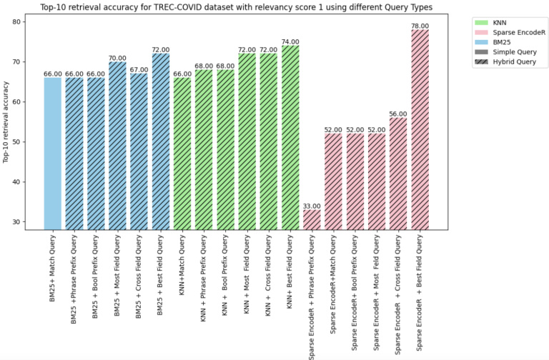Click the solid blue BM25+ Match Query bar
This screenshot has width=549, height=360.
[x=53, y=154]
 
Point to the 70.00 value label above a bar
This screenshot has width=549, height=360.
[x=117, y=58]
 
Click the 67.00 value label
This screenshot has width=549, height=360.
[x=139, y=70]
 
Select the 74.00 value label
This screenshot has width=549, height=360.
[x=290, y=42]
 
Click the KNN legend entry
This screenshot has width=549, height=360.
[x=510, y=22]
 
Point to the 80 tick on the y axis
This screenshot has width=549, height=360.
[x=17, y=21]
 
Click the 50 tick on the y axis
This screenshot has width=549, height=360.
[x=17, y=141]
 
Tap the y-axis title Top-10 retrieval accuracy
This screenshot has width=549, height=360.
[x=6, y=122]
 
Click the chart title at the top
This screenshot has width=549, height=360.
[x=233, y=6]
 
